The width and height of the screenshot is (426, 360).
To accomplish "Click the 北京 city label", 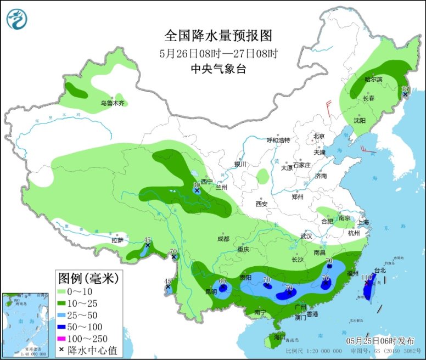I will [x=319, y=136].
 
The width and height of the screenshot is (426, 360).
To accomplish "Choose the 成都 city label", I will [x=223, y=239].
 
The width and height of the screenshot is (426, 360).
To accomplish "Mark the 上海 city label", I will [x=362, y=222].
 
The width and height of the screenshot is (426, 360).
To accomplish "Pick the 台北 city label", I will [x=380, y=270].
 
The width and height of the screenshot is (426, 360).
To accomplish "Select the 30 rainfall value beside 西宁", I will [x=197, y=185].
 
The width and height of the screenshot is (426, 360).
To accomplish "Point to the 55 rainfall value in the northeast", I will [x=406, y=89].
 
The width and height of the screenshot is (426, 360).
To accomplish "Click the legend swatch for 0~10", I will [x=62, y=291].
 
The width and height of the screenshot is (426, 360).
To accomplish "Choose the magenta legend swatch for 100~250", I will [x=62, y=338].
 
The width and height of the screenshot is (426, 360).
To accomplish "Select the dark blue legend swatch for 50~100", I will [x=62, y=327].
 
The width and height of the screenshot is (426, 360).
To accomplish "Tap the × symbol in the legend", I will [x=62, y=350].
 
